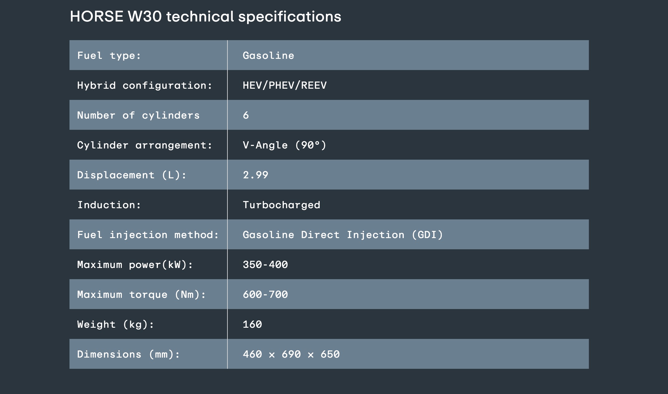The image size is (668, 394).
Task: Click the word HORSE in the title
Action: [x=97, y=16]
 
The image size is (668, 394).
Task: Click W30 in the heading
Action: [x=145, y=16]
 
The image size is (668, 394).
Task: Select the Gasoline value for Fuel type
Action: [x=268, y=55]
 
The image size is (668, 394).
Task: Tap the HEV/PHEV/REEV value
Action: [x=284, y=85]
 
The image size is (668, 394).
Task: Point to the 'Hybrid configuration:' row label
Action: [x=145, y=85]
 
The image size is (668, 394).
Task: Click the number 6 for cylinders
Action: [x=246, y=115]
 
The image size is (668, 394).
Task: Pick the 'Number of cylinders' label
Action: [x=138, y=115]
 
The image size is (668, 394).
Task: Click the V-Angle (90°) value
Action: [x=284, y=145]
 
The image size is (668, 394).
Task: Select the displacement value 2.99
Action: [x=255, y=175]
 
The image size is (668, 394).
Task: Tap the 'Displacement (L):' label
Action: [x=131, y=175]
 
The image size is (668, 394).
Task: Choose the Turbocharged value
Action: [x=281, y=205]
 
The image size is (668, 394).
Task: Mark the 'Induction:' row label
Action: [x=109, y=205]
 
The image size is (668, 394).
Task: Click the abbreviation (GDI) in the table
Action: [x=427, y=235]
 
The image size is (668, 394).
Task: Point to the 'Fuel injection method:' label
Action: [x=148, y=235]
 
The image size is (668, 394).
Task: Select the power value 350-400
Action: [x=265, y=265]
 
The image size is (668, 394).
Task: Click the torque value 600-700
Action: [x=265, y=294]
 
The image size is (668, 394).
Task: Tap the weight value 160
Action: [x=252, y=324]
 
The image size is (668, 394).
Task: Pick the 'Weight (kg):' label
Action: [x=115, y=324]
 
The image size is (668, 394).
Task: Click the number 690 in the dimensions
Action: [x=291, y=354]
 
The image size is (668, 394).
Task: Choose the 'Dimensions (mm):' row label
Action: [x=128, y=354]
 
